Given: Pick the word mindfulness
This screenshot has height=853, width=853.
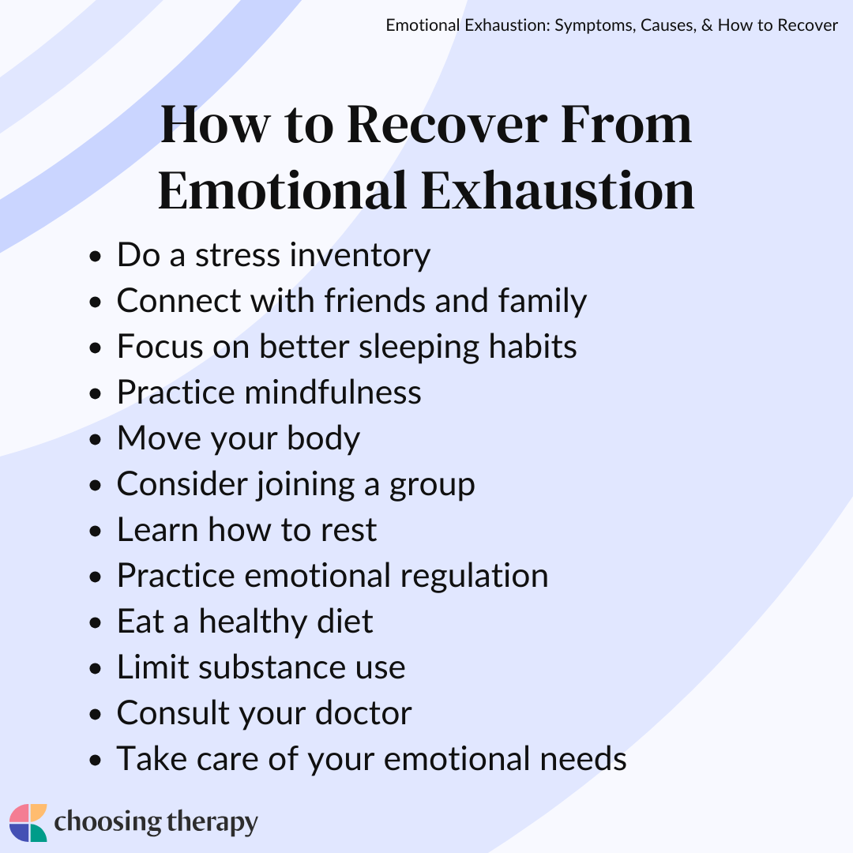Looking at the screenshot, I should [x=344, y=393].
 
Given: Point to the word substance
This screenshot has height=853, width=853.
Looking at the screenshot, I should [x=260, y=667].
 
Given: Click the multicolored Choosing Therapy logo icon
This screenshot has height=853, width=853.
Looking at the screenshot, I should [x=28, y=823].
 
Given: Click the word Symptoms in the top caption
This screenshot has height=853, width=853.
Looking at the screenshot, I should [x=592, y=25].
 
